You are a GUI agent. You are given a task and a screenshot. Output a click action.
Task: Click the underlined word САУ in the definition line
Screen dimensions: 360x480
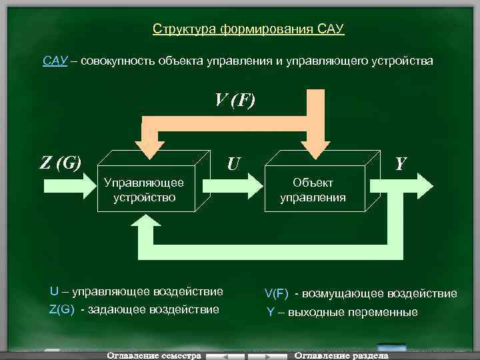point(55,61)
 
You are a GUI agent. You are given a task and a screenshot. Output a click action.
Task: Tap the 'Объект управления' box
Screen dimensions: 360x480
point(313,189)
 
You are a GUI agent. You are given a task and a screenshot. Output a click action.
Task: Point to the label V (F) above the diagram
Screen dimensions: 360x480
point(234,100)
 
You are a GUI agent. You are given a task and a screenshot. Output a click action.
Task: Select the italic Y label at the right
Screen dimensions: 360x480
point(401,163)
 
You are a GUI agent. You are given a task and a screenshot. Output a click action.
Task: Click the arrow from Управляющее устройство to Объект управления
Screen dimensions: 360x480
point(233,185)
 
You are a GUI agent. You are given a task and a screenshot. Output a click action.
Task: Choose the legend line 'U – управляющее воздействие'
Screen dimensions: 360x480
point(137,291)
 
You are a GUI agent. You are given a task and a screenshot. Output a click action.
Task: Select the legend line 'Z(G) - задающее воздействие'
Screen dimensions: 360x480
point(133,309)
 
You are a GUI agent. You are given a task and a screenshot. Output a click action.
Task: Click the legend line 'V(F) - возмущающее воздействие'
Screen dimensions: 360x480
point(361,293)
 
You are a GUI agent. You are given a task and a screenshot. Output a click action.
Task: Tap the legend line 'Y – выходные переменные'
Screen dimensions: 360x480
point(342,312)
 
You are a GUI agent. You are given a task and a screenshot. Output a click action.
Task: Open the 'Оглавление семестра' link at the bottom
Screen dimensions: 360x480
point(154,355)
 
